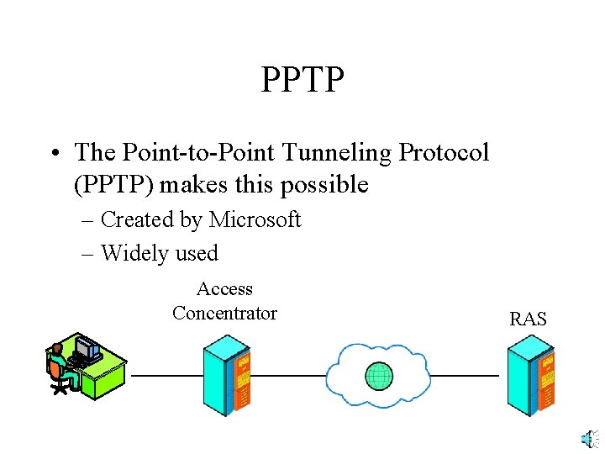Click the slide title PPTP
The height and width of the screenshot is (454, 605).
pos(302,80)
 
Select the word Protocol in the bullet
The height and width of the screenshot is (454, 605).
pos(444,152)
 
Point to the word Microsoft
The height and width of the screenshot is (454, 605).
pos(255,219)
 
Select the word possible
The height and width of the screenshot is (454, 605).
pos(328,184)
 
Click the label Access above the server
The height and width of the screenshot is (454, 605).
pos(224,289)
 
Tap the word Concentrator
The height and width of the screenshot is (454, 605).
pos(224,314)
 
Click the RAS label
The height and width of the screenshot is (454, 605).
pos(528,319)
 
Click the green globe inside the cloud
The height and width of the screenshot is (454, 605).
pos(380,375)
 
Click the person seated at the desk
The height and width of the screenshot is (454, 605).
pos(58,367)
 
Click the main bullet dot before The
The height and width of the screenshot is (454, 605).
pos(54,154)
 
